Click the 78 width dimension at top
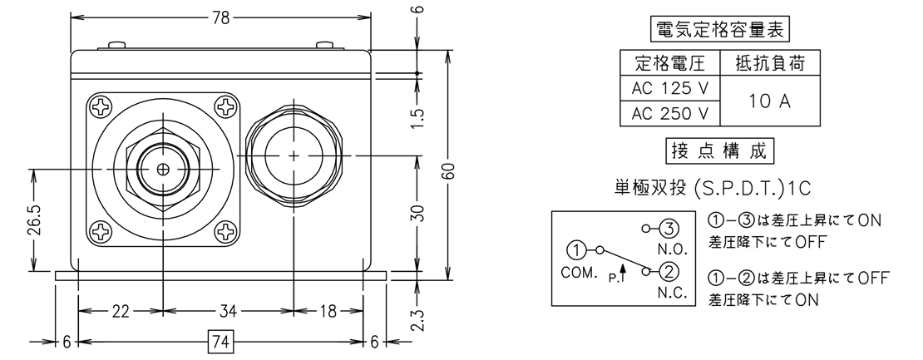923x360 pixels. point(220,17)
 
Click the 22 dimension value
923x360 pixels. point(120,312)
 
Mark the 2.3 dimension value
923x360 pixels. point(418,318)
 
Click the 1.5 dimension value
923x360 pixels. point(417,118)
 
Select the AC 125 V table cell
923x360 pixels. point(670,88)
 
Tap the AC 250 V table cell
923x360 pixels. point(670,114)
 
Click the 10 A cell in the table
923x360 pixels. point(770,101)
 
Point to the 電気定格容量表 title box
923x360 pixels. point(720,30)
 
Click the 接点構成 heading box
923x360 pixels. point(719,151)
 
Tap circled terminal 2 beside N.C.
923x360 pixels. point(668,271)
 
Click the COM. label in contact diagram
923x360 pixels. point(580,273)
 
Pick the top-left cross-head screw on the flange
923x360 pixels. point(100,107)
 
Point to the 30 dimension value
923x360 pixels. point(417,214)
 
